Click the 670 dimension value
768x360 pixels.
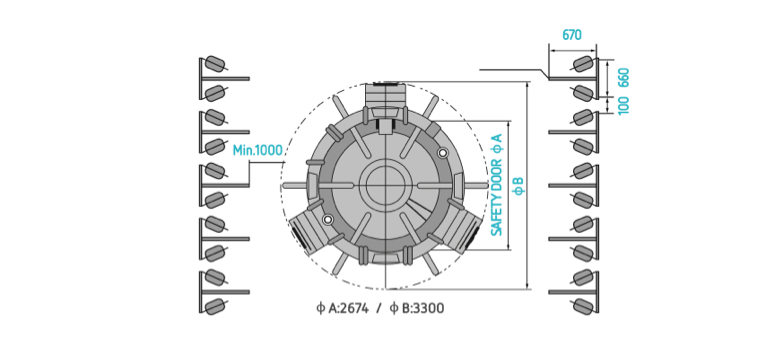572,35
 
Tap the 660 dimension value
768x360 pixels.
624,77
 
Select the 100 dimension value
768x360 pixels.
624,105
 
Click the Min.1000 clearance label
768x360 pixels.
258,150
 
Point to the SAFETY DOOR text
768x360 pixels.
497,197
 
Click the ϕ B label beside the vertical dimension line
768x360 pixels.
519,186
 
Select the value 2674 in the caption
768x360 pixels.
355,308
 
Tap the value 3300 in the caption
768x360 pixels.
431,308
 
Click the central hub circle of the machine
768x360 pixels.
385,184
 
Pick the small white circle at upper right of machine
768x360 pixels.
443,153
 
